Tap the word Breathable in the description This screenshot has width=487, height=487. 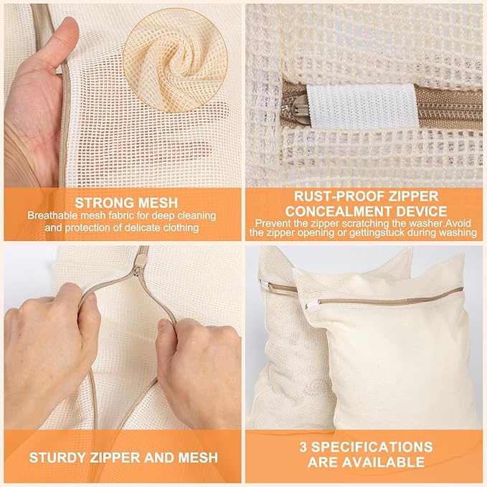[57, 214]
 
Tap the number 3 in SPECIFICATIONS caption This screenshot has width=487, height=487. [303, 447]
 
